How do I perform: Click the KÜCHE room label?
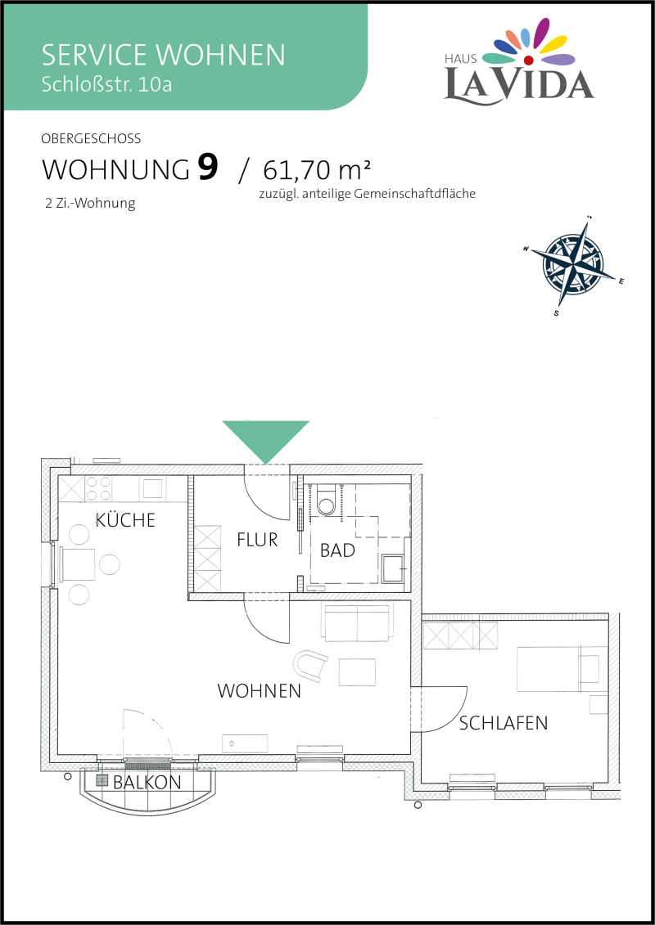(125, 519)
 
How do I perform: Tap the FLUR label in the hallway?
(257, 539)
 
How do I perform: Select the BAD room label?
(338, 550)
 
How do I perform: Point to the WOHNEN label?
(260, 691)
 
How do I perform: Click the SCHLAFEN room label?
(504, 723)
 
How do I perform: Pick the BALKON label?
(147, 783)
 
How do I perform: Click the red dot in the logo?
(529, 61)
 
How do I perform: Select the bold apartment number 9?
(207, 168)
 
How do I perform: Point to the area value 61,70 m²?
(317, 170)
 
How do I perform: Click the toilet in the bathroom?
(326, 501)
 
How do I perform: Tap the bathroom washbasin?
(394, 568)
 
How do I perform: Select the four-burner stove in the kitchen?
(98, 488)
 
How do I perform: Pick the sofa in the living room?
(356, 622)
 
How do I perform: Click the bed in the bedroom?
(562, 668)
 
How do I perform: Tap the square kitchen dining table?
(77, 564)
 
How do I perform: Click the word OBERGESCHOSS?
(91, 139)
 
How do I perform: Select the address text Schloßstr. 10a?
(107, 84)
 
